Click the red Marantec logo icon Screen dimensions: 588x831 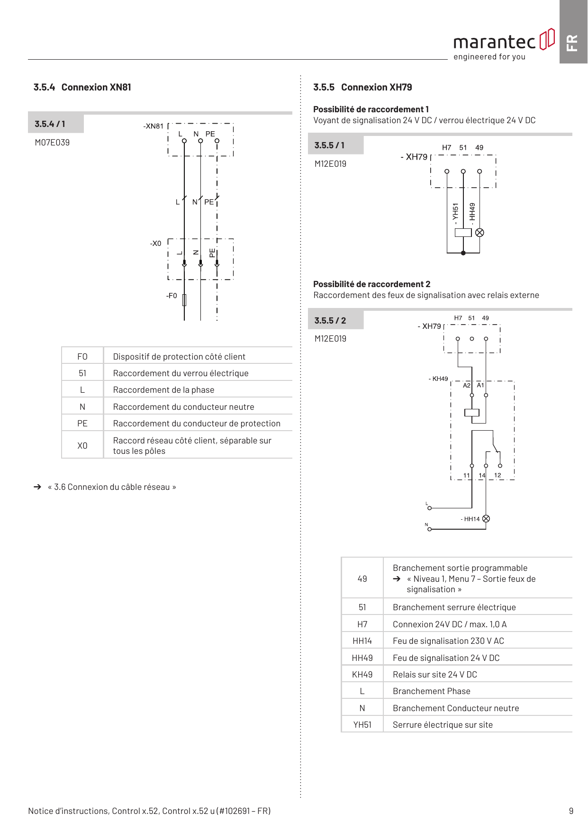pyautogui.click(x=547, y=39)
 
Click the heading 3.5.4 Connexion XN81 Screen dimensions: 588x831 pyautogui.click(x=82, y=87)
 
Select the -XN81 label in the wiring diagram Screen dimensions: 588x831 pyautogui.click(x=154, y=126)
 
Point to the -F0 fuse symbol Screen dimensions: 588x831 pyautogui.click(x=184, y=300)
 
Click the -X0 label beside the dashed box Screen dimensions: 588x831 pyautogui.click(x=156, y=244)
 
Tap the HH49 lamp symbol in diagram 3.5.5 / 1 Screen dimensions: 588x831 pyautogui.click(x=479, y=233)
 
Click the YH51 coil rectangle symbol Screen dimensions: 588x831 pyautogui.click(x=463, y=233)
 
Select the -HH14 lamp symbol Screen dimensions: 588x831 pyautogui.click(x=486, y=519)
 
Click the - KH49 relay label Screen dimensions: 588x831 pyautogui.click(x=438, y=379)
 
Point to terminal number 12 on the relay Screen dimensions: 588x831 pyautogui.click(x=498, y=475)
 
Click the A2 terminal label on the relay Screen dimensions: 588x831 pyautogui.click(x=467, y=385)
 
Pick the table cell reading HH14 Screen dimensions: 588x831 pyautogui.click(x=362, y=641)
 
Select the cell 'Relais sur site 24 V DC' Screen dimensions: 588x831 pyautogui.click(x=435, y=675)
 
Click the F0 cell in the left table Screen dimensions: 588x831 pyautogui.click(x=82, y=356)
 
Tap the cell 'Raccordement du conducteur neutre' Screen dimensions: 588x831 pyautogui.click(x=184, y=407)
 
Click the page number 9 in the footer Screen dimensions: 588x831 pyautogui.click(x=571, y=811)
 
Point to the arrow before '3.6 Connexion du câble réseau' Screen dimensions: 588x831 pyautogui.click(x=37, y=487)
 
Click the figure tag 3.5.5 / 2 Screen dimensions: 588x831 pyautogui.click(x=330, y=321)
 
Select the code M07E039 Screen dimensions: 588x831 pyautogui.click(x=52, y=143)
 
